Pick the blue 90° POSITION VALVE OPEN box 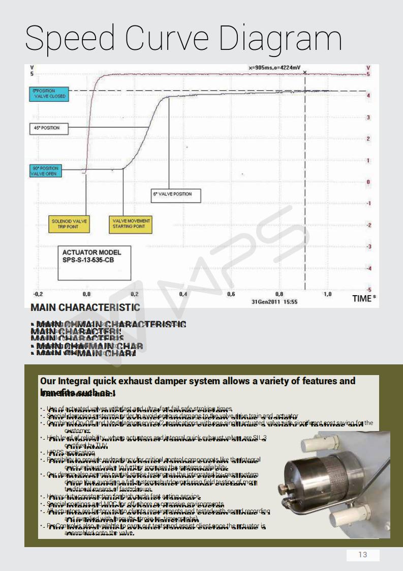pos(45,170)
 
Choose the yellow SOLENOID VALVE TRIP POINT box pos(70,224)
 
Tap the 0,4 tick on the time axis pos(182,294)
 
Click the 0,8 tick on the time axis pos(279,294)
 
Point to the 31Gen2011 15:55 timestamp pos(274,302)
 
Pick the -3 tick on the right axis pos(368,246)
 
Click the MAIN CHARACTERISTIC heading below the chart pos(85,308)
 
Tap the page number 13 pos(363,555)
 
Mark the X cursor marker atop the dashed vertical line pos(305,72)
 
